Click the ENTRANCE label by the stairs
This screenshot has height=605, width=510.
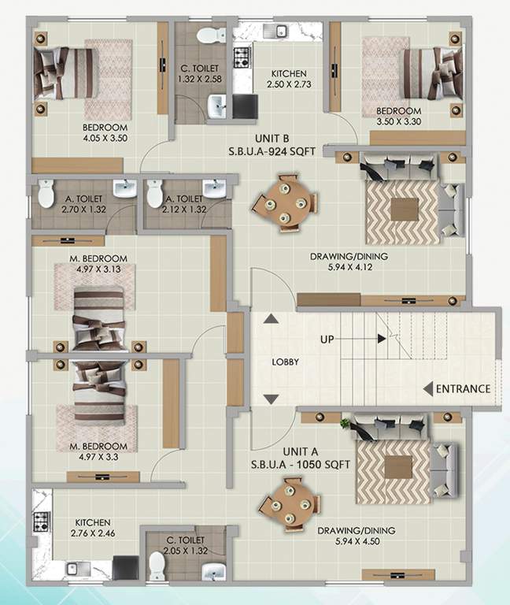click(463, 388)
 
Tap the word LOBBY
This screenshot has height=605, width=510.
click(284, 362)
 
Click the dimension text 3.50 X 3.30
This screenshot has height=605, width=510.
click(398, 122)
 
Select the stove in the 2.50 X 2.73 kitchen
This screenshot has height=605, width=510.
click(242, 56)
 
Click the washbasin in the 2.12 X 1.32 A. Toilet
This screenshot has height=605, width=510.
click(213, 188)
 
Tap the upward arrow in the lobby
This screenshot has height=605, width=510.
click(271, 319)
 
